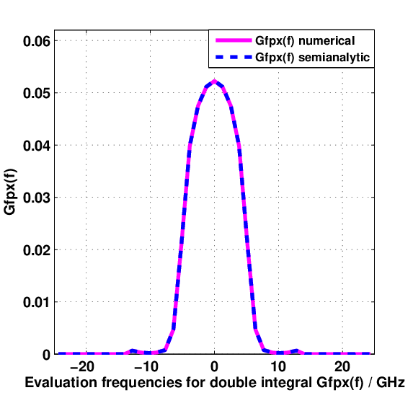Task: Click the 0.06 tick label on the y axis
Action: click(x=36, y=41)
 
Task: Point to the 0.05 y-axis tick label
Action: click(x=36, y=93)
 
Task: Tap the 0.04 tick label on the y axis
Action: click(x=36, y=146)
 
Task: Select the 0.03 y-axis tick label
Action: click(x=36, y=198)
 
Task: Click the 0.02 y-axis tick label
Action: click(x=36, y=250)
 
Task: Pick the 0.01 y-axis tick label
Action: click(x=36, y=302)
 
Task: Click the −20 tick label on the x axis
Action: click(x=82, y=367)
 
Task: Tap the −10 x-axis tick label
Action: click(x=146, y=367)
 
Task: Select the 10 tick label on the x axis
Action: click(x=278, y=367)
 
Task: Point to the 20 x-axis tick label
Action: click(x=342, y=367)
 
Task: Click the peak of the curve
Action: click(x=214, y=81)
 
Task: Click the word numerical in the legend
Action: click(x=327, y=41)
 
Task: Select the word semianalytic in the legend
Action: click(x=334, y=58)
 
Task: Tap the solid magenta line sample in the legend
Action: click(x=234, y=40)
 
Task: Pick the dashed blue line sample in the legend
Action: click(x=234, y=57)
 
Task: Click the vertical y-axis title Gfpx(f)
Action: click(x=10, y=191)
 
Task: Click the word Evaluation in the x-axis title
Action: click(x=61, y=382)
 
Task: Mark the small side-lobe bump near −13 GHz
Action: click(x=133, y=350)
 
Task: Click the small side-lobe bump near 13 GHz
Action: click(x=297, y=350)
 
